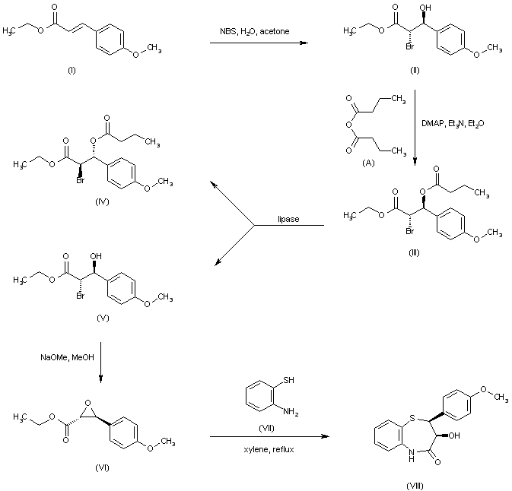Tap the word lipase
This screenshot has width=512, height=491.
288,220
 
